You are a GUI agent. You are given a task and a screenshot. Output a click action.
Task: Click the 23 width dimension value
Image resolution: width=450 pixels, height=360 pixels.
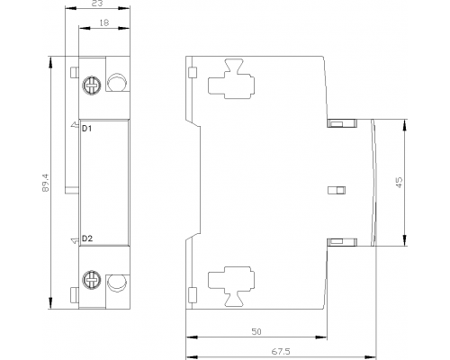click(98, 4)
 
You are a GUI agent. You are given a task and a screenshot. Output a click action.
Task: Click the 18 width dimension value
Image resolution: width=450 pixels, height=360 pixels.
click(103, 22)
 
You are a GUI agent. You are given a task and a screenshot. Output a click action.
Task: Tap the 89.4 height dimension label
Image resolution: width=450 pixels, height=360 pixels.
click(45, 183)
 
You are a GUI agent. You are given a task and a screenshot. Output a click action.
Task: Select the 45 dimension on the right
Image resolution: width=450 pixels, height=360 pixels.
click(399, 183)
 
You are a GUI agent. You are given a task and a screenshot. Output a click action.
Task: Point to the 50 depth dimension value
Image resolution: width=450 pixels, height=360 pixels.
click(256, 331)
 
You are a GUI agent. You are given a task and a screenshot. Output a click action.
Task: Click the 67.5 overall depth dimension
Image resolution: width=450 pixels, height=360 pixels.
click(281, 351)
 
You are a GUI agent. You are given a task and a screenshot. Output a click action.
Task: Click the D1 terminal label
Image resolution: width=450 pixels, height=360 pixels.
click(87, 129)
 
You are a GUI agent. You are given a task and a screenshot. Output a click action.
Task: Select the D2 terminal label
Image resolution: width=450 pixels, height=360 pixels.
click(87, 238)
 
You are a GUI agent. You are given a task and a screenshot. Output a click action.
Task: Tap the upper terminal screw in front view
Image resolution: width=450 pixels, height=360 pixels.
click(92, 85)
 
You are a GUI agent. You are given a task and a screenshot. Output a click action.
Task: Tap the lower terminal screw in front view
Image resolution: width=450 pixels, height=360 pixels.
click(92, 279)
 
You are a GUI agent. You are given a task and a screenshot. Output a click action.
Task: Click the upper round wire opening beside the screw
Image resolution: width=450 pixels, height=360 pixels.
click(117, 82)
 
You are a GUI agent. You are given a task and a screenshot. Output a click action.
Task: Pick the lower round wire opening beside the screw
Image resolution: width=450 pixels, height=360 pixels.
click(117, 283)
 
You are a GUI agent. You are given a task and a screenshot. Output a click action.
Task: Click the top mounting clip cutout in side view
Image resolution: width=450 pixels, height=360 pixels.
click(231, 78)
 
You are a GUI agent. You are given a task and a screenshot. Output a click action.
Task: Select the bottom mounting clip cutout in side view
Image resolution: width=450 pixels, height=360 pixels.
click(231, 287)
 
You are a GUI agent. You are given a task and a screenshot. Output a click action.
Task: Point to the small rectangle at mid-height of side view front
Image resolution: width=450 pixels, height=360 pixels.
click(337, 190)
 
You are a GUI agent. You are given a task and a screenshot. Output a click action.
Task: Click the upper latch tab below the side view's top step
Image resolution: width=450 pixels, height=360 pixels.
click(342, 123)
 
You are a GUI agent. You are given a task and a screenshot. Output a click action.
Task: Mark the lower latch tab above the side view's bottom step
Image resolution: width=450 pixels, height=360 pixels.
click(342, 242)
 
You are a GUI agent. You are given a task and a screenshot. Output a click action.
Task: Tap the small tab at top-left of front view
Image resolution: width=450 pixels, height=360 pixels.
click(74, 72)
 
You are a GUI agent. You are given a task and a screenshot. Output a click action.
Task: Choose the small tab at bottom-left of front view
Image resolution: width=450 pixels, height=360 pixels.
click(74, 295)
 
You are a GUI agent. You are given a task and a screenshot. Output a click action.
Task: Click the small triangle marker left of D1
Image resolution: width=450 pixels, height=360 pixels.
click(74, 125)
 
